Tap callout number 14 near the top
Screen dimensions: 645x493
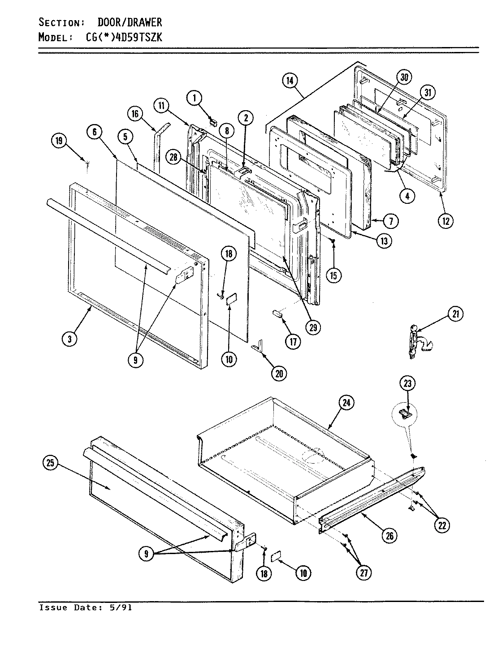(290, 81)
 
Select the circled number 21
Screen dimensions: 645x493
(455, 315)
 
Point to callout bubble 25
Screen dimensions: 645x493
(50, 463)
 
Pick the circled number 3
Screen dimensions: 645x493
(69, 339)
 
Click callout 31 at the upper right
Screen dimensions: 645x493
(428, 93)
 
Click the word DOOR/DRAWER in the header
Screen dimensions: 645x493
(130, 22)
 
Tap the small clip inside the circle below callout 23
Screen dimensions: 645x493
(406, 414)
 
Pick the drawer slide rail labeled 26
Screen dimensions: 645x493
(372, 499)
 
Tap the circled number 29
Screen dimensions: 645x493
(312, 327)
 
